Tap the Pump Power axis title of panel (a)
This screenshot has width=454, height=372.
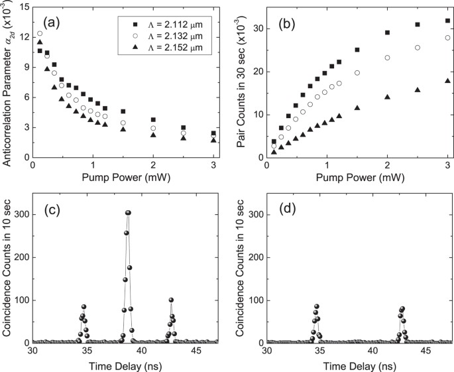126,178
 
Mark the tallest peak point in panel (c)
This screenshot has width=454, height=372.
128,213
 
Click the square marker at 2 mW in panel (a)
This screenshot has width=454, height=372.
154,119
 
